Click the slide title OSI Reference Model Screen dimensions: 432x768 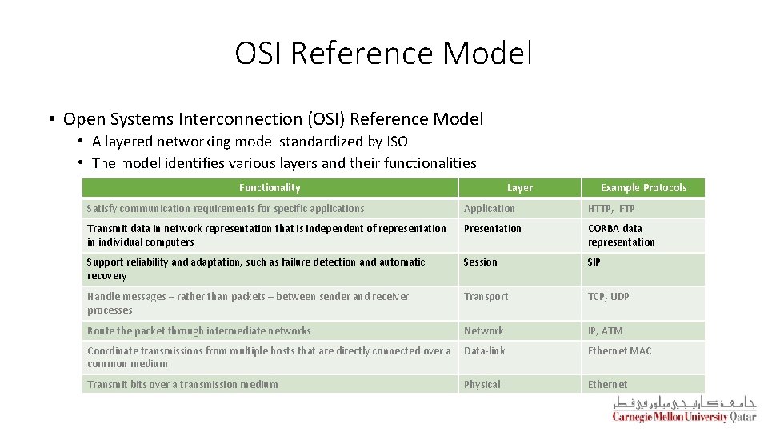point(383,54)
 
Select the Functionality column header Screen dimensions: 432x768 point(270,188)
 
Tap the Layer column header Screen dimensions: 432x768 point(519,188)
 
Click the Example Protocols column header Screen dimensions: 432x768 point(643,188)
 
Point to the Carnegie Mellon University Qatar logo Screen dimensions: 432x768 point(684,409)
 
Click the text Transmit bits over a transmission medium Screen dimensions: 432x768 point(182,385)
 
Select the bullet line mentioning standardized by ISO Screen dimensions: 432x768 point(250,142)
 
